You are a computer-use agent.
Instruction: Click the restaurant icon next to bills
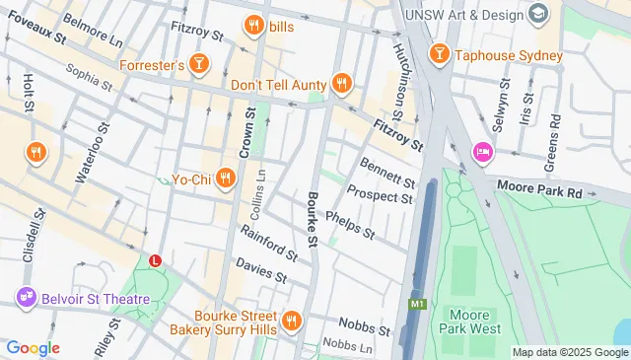coord(253,26)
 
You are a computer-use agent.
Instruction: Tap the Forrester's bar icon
coord(200,65)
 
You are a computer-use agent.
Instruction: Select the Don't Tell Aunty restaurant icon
coord(342,85)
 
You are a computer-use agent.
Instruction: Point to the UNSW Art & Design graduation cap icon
coord(538,14)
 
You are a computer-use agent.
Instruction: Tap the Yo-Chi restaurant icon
coord(226,179)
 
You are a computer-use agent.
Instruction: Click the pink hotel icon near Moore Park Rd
coord(482,151)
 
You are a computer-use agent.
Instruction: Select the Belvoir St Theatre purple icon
coord(24,298)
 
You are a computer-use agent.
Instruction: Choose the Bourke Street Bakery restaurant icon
coord(292,321)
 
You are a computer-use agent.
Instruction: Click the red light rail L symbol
coord(155,260)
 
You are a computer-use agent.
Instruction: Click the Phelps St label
coord(349,226)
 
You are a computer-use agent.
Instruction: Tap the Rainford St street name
coord(268,242)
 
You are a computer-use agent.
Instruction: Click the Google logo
coord(33,348)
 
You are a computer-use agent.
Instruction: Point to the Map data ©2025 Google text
coord(569,352)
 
